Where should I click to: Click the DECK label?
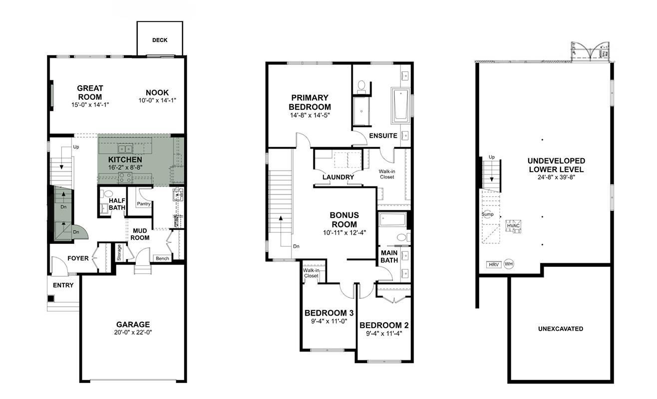pos(160,40)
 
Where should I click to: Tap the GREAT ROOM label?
pos(90,93)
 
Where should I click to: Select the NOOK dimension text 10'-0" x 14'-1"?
pos(157,100)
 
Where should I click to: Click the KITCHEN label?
pos(125,160)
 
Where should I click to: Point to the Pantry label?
pos(144,204)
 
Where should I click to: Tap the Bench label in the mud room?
pos(162,258)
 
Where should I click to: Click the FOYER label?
pos(78,258)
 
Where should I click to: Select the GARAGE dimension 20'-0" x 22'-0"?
pos(133,333)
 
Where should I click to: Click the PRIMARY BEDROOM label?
pos(310,102)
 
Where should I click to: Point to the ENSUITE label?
pos(383,136)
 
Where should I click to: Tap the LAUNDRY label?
pos(338,177)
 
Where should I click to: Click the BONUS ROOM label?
pos(344,220)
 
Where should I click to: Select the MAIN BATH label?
pos(389,256)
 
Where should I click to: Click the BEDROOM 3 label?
pos(329,313)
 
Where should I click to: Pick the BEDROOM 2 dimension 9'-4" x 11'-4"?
pos(384,334)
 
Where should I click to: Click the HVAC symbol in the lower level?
pos(513,226)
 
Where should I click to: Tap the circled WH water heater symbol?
pos(509,264)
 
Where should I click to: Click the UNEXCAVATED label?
pos(561,329)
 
